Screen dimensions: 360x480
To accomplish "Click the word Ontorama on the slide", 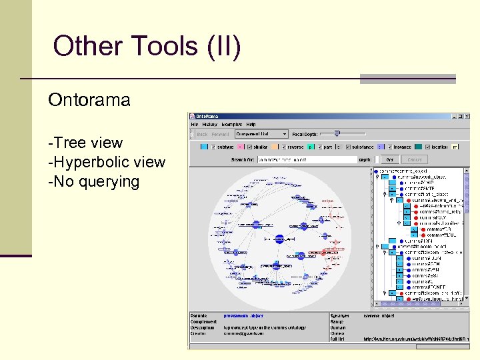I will point(89,101).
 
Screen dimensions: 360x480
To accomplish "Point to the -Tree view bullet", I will point(85,143).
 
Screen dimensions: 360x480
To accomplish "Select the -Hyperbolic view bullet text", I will point(106,162).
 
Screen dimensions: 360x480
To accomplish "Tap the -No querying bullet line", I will point(93,181).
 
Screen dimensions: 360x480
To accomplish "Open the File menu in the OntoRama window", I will point(195,125).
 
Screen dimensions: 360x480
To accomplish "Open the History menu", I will point(209,125).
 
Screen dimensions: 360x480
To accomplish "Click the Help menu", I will point(251,125).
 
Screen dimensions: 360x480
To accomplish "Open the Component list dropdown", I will point(261,134).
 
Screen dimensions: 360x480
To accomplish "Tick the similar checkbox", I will point(249,147).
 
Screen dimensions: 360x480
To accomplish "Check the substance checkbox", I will point(347,147).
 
